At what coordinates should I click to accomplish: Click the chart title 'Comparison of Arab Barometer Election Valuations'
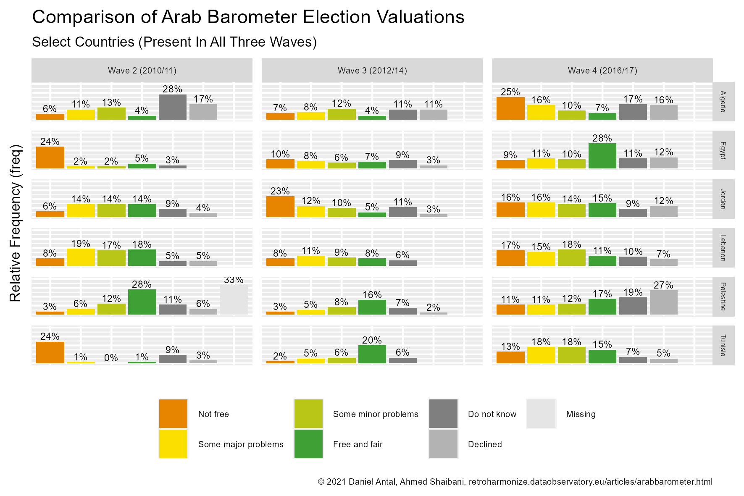pyautogui.click(x=248, y=17)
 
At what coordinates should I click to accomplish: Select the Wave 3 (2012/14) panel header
pyautogui.click(x=372, y=71)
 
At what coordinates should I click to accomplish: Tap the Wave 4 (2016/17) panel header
pyautogui.click(x=602, y=71)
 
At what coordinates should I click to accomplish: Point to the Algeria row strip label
pyautogui.click(x=723, y=102)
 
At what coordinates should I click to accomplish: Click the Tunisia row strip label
pyautogui.click(x=723, y=345)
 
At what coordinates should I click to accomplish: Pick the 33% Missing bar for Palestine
pyautogui.click(x=234, y=300)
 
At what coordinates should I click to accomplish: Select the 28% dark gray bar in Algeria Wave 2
pyautogui.click(x=173, y=107)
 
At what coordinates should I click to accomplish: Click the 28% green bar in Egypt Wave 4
pyautogui.click(x=602, y=156)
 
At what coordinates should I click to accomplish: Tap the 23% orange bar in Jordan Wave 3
pyautogui.click(x=280, y=207)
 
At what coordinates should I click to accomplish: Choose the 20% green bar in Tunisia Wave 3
pyautogui.click(x=372, y=354)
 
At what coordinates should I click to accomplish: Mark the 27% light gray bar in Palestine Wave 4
pyautogui.click(x=664, y=302)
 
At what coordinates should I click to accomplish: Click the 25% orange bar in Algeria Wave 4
pyautogui.click(x=510, y=108)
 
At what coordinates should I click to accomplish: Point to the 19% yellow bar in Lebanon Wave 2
pyautogui.click(x=81, y=257)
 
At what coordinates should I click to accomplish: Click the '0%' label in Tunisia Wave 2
pyautogui.click(x=111, y=358)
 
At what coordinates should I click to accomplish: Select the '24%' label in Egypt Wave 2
pyautogui.click(x=50, y=142)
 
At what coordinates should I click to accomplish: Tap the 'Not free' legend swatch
pyautogui.click(x=174, y=414)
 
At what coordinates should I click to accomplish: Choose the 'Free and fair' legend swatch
pyautogui.click(x=309, y=444)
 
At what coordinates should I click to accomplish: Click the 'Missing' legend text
pyautogui.click(x=581, y=414)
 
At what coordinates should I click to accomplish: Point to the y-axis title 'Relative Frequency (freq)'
pyautogui.click(x=16, y=223)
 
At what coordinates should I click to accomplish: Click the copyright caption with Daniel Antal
pyautogui.click(x=515, y=482)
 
